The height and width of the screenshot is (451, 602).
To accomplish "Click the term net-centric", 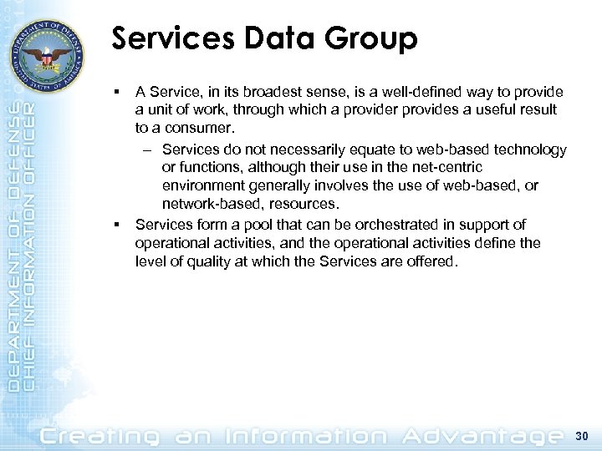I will (x=446, y=168).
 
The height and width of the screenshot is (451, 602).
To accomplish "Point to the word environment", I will (x=201, y=186).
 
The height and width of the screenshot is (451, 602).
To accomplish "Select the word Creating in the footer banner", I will (x=101, y=434).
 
